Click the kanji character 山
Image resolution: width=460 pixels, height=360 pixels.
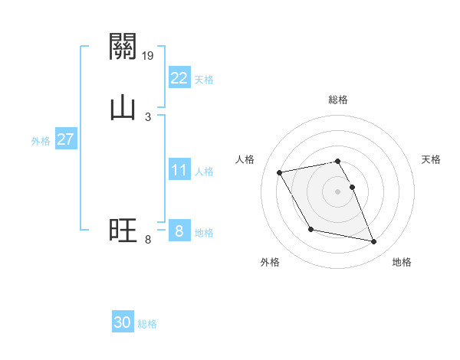[x=123, y=106]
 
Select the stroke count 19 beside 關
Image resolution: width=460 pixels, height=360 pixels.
[x=149, y=55]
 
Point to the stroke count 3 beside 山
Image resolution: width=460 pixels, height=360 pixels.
[x=148, y=116]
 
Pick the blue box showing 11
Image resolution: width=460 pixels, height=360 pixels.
[x=179, y=170]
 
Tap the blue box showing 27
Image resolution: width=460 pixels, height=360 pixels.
[x=65, y=139]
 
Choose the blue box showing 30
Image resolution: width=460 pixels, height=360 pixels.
[x=123, y=322]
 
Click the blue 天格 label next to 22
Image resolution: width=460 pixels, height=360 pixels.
[x=204, y=80]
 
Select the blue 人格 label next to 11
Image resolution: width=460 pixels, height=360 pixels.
[x=204, y=172]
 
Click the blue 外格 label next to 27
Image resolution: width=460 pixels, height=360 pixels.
[x=41, y=141]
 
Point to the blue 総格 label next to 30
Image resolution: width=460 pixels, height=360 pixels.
[x=148, y=325]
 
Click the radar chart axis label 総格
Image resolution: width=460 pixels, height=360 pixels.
[x=338, y=100]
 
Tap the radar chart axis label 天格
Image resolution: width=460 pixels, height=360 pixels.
[x=431, y=159]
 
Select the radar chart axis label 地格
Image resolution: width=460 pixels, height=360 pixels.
[x=402, y=263]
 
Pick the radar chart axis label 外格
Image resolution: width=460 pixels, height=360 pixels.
[x=270, y=263]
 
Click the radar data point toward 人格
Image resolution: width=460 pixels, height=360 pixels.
[x=280, y=172]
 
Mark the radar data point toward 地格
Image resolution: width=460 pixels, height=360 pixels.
[x=374, y=242]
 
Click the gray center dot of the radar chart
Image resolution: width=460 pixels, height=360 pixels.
[x=338, y=191]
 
